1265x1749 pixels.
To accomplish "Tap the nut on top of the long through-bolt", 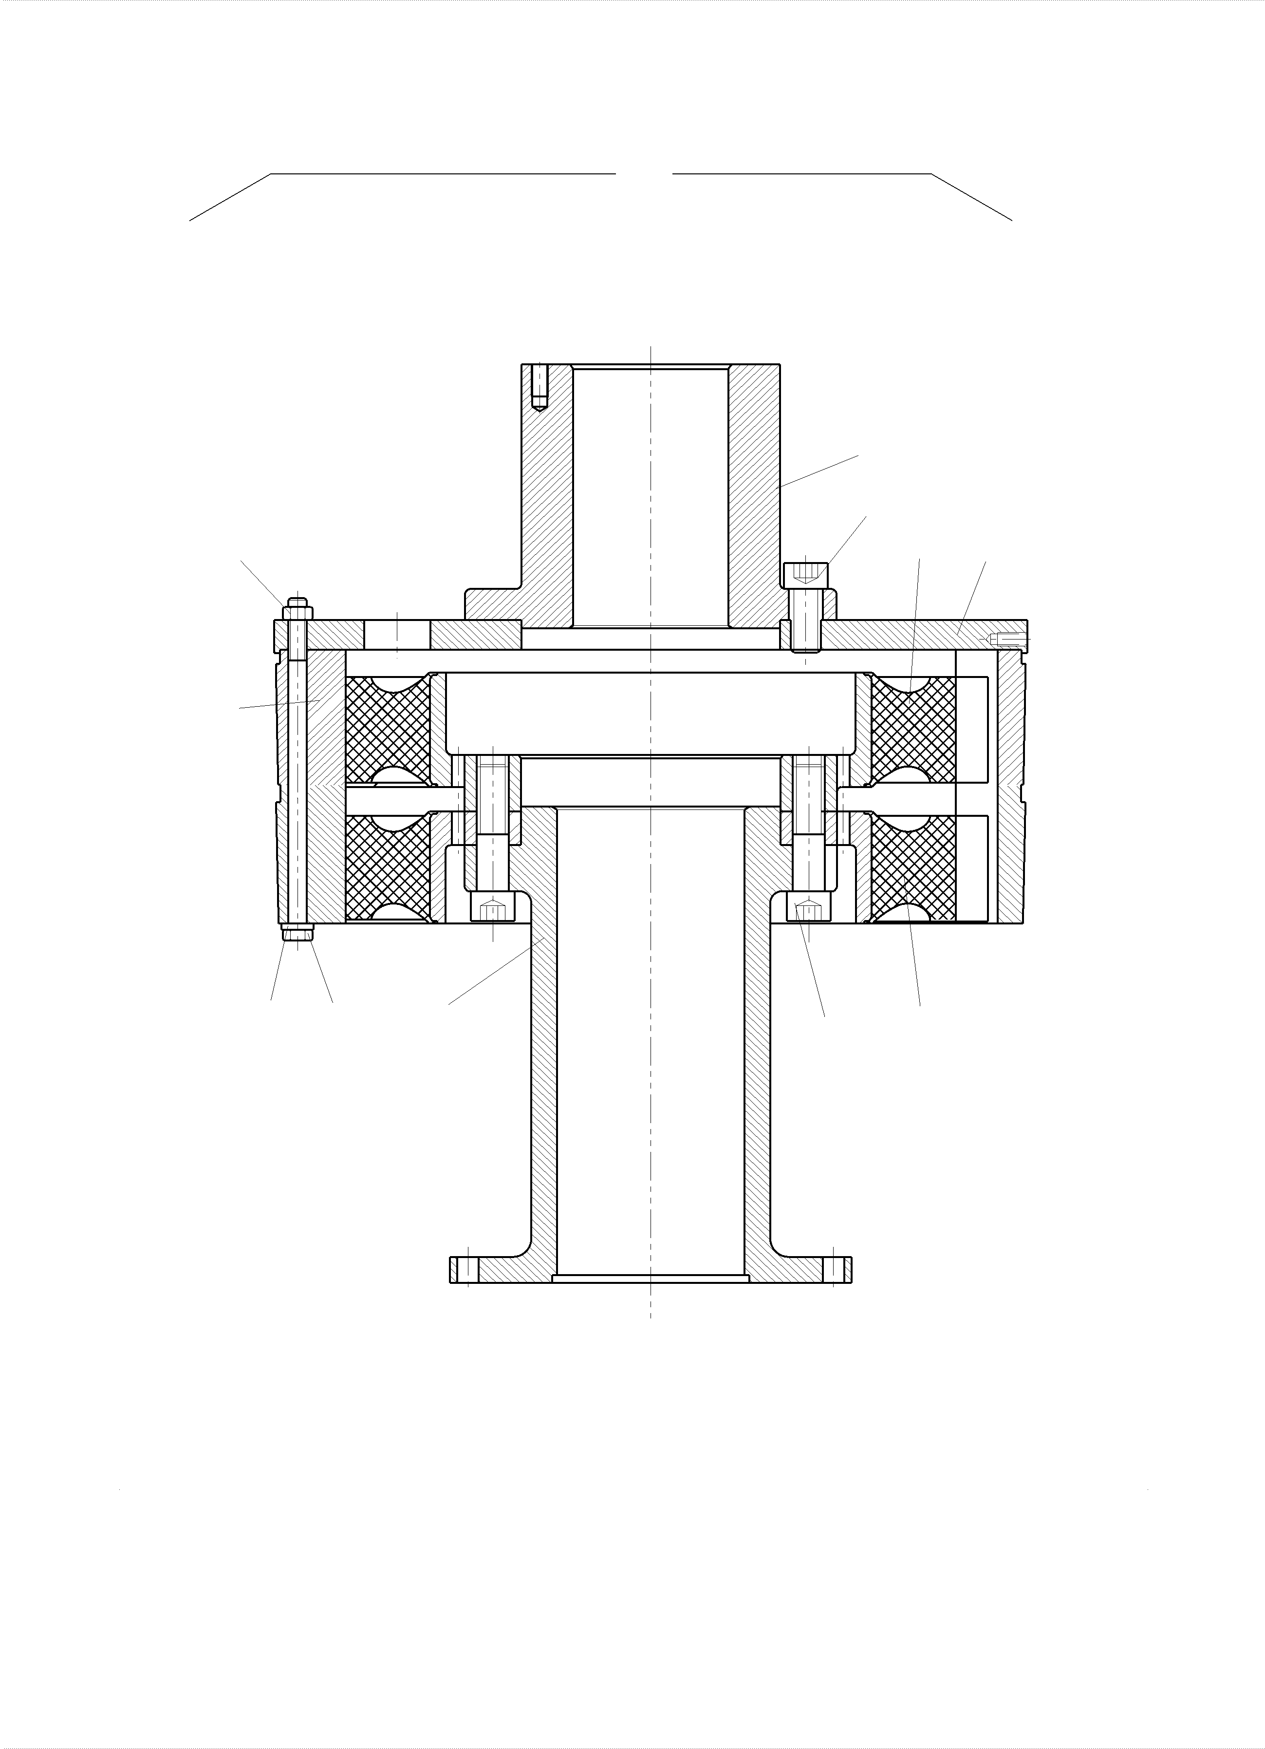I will click(x=298, y=612).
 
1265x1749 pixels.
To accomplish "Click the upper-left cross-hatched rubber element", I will click(x=388, y=729).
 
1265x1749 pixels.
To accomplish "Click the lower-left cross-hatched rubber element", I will click(x=388, y=867).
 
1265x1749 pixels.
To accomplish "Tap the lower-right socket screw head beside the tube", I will click(x=809, y=908).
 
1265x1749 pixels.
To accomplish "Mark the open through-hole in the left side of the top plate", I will click(x=397, y=634).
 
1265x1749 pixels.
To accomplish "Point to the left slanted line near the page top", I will click(x=230, y=197).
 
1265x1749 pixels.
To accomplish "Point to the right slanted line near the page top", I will click(x=972, y=197).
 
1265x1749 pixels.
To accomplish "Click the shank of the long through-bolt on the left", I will click(x=298, y=771).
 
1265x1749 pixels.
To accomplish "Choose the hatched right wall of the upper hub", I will click(x=754, y=493).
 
